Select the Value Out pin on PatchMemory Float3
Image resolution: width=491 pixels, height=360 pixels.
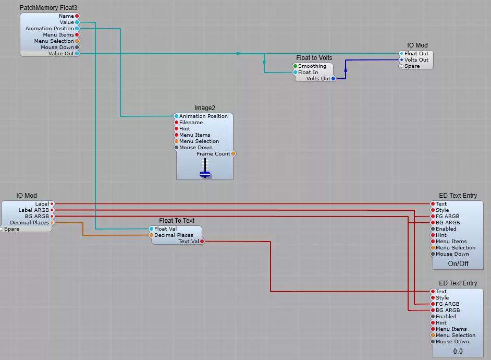[x=77, y=54]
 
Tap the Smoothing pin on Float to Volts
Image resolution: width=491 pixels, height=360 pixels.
[x=295, y=66]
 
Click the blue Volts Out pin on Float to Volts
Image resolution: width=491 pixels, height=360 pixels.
[x=334, y=79]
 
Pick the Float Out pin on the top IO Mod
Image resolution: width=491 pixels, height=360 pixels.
[x=401, y=54]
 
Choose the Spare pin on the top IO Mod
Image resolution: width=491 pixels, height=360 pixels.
[x=401, y=66]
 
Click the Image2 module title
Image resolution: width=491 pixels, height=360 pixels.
[x=204, y=108]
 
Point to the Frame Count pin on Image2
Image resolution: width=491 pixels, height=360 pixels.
[x=233, y=154]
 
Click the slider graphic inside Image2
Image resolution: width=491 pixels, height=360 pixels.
[x=205, y=169]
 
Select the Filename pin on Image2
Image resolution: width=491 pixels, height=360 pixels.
[x=176, y=123]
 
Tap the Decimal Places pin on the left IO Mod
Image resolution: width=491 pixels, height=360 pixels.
[x=52, y=223]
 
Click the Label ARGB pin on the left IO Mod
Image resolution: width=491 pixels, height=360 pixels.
[x=52, y=210]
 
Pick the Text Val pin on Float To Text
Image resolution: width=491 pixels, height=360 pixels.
[x=202, y=242]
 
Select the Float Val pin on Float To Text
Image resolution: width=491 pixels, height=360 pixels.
[x=151, y=229]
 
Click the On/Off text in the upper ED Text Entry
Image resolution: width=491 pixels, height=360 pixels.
[x=458, y=264]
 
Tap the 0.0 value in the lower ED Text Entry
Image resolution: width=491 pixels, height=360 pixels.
[x=458, y=352]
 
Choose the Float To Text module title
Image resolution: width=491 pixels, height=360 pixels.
[x=177, y=221]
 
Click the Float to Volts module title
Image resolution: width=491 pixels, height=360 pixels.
[x=314, y=58]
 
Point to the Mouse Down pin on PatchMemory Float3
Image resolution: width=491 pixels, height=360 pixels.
[x=77, y=47]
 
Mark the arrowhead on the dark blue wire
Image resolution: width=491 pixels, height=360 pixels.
[x=345, y=62]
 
